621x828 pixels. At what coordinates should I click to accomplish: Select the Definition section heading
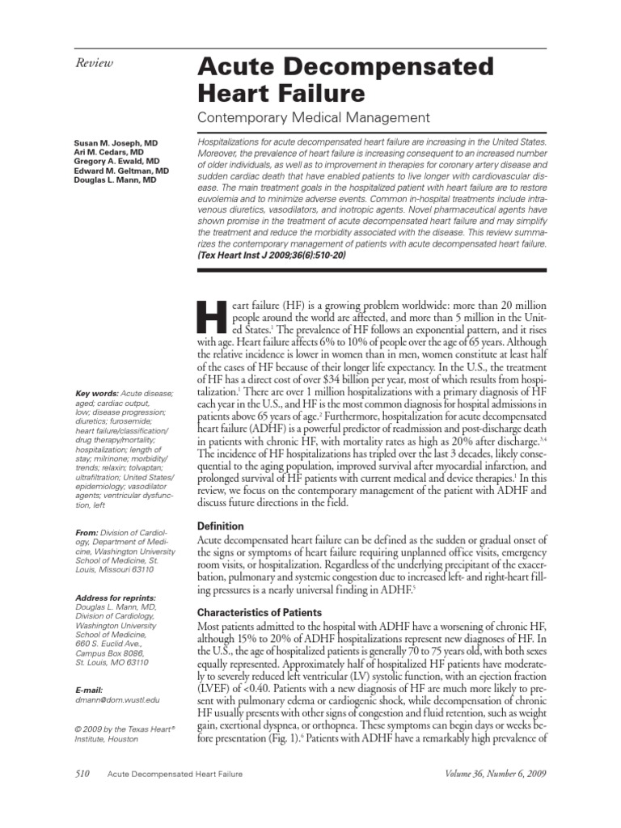(x=222, y=526)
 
